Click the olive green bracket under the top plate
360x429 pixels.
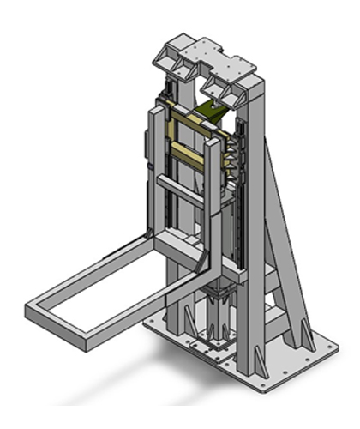pyautogui.click(x=214, y=110)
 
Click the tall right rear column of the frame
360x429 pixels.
pyautogui.click(x=255, y=214)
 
